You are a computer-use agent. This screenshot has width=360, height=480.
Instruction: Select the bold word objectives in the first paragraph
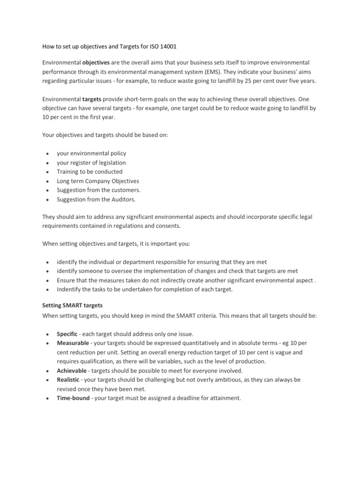pos(97,63)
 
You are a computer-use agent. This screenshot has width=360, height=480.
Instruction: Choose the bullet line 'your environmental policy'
pos(91,153)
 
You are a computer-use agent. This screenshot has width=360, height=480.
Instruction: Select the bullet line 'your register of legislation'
pos(91,163)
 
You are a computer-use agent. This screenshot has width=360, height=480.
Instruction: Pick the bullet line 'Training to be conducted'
pos(89,172)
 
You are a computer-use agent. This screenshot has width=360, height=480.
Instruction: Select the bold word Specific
pos(67,334)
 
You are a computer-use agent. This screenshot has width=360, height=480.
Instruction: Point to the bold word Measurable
pos(72,343)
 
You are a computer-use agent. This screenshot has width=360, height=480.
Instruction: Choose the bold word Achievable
pos(71,370)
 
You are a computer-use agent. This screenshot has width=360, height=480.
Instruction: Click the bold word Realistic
pos(68,380)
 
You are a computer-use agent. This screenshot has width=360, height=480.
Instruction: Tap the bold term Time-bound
pos(73,398)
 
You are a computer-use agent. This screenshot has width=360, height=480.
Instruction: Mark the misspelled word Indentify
pos(69,289)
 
